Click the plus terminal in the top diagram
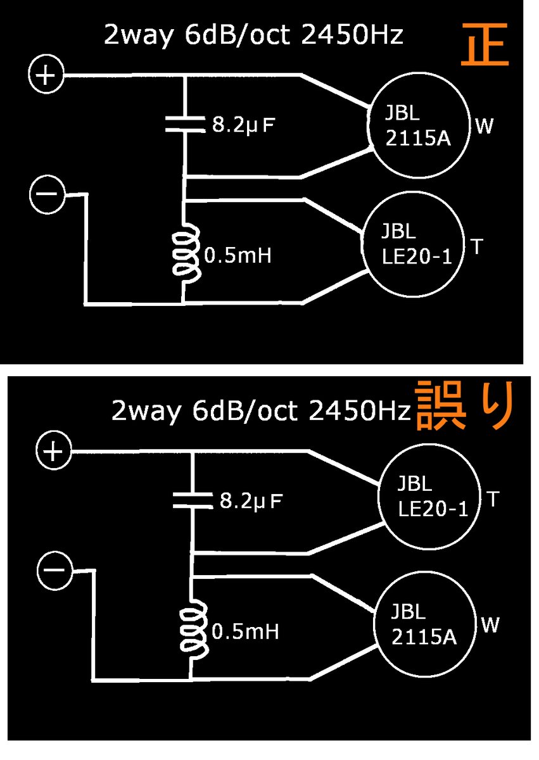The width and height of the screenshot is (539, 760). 46,77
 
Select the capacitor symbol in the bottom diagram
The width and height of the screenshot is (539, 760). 193,500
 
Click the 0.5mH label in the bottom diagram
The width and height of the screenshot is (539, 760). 246,631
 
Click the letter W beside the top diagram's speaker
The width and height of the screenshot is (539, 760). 484,127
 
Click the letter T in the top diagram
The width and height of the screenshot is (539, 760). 476,246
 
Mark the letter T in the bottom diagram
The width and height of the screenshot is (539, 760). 495,499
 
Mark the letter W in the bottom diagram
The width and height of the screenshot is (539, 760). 490,626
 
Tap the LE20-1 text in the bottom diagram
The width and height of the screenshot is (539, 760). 433,509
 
